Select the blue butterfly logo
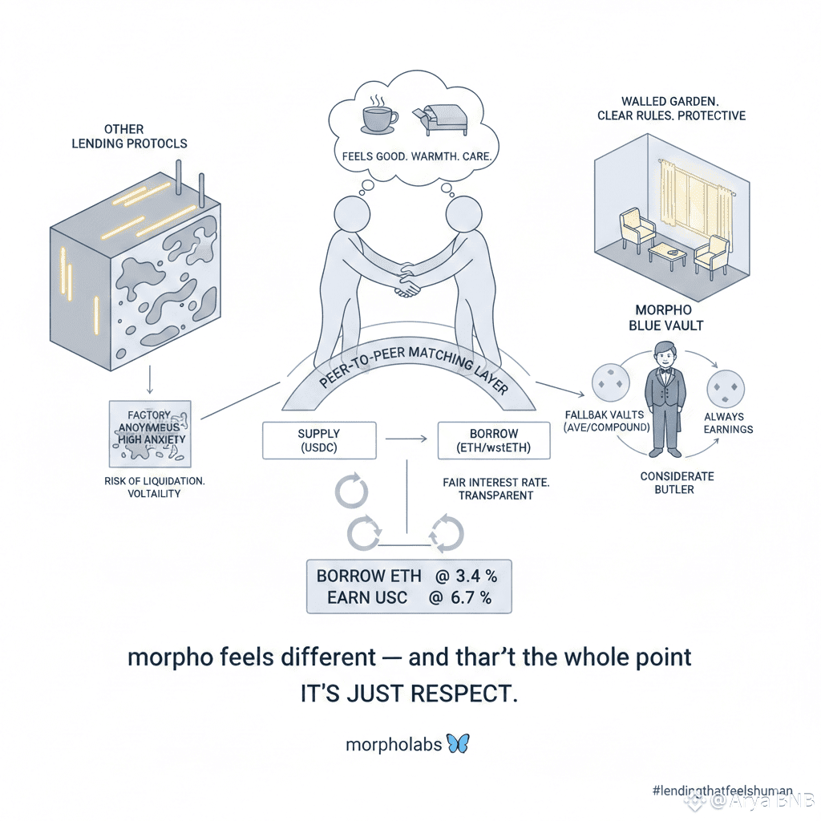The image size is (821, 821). coord(458,743)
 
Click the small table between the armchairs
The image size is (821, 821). coord(666,256)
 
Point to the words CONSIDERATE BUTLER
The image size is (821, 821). coord(677,483)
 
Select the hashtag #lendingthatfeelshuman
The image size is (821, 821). coord(722,790)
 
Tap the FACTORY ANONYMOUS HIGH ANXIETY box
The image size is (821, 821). coord(149,434)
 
